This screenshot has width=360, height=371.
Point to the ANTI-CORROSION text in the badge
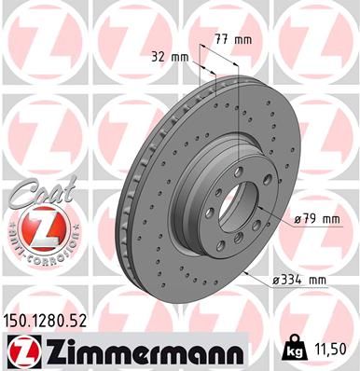[35, 250]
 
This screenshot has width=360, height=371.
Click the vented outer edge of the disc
[129, 200]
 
